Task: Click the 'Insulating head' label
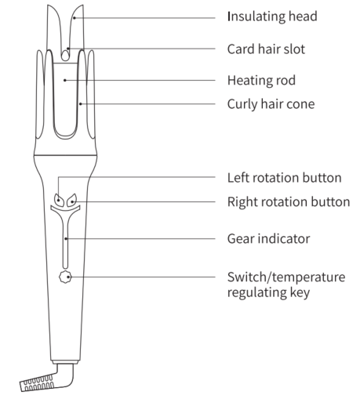point(272,16)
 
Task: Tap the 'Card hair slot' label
point(266,49)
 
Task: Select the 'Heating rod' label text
point(261,80)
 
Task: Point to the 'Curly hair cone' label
point(271,104)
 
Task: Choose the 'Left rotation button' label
point(285,178)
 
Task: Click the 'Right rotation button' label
point(289,201)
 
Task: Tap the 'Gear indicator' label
point(268,239)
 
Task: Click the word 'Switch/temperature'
point(286,277)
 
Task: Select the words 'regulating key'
point(268,292)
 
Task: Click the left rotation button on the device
point(59,200)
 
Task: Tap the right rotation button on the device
point(71,201)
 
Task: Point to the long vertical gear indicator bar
point(65,241)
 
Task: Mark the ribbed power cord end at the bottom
point(37,383)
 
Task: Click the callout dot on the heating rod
point(65,80)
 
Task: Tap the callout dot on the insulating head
point(75,18)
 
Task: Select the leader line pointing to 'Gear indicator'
point(140,238)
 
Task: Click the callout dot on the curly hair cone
point(81,104)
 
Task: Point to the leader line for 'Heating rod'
point(140,80)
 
